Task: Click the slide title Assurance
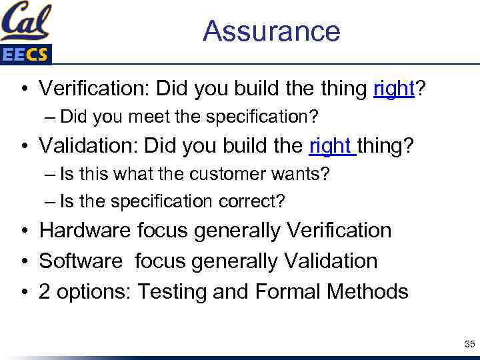271,31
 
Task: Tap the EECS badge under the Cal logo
25,54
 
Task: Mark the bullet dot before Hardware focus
23,231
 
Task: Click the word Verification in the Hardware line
339,231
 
